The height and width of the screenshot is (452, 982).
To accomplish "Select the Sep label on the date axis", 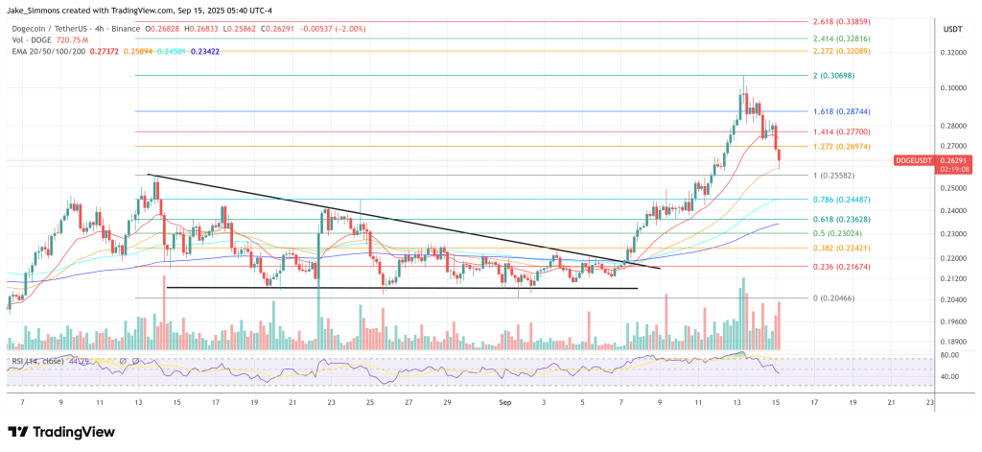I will [x=505, y=404].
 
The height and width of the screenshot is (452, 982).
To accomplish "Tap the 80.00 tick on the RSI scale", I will [x=948, y=356].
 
